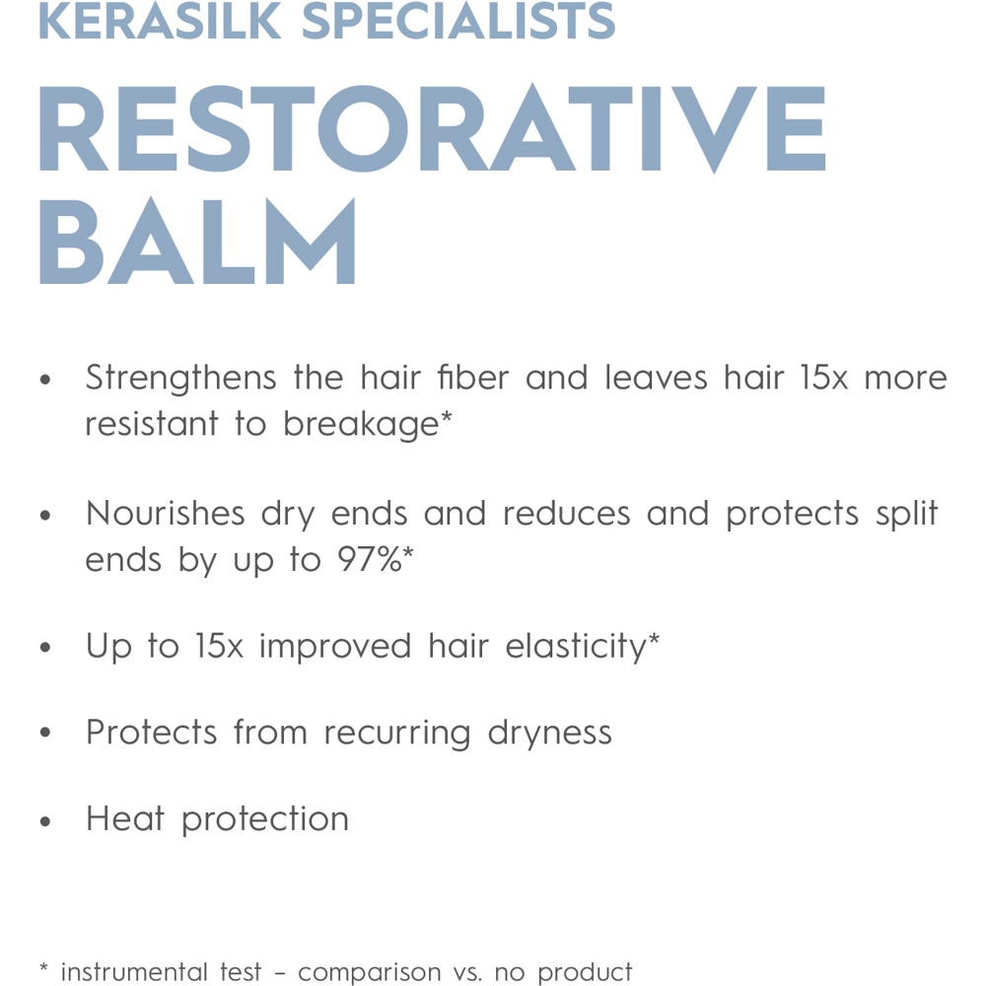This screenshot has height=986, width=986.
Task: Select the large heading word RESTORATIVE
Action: pyautogui.click(x=431, y=131)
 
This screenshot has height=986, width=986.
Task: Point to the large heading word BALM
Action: pyautogui.click(x=197, y=244)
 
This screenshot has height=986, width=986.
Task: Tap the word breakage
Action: pyautogui.click(x=361, y=424)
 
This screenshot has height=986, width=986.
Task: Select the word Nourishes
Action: pyautogui.click(x=165, y=514)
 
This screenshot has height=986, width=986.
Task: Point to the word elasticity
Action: pyautogui.click(x=576, y=647)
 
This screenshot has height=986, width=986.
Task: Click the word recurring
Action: pyautogui.click(x=397, y=734)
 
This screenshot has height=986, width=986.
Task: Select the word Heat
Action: pyautogui.click(x=125, y=818)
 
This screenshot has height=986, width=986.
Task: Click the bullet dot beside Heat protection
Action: pyautogui.click(x=44, y=820)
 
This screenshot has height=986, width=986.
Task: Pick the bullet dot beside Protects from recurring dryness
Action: pyautogui.click(x=44, y=735)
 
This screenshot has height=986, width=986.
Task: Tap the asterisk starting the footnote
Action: pyautogui.click(x=43, y=969)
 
